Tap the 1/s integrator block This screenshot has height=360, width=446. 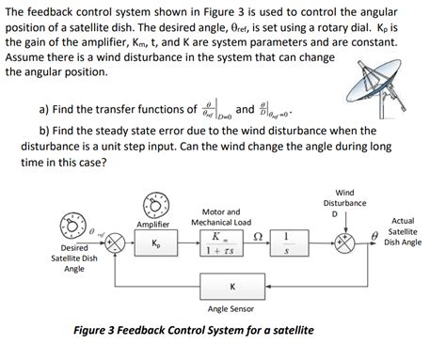[285, 243]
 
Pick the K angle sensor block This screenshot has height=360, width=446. [231, 288]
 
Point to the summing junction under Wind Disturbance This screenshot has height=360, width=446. [344, 242]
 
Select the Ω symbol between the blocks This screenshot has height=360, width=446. [255, 234]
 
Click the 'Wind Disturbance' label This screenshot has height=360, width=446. [344, 197]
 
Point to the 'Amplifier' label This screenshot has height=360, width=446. [152, 225]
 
